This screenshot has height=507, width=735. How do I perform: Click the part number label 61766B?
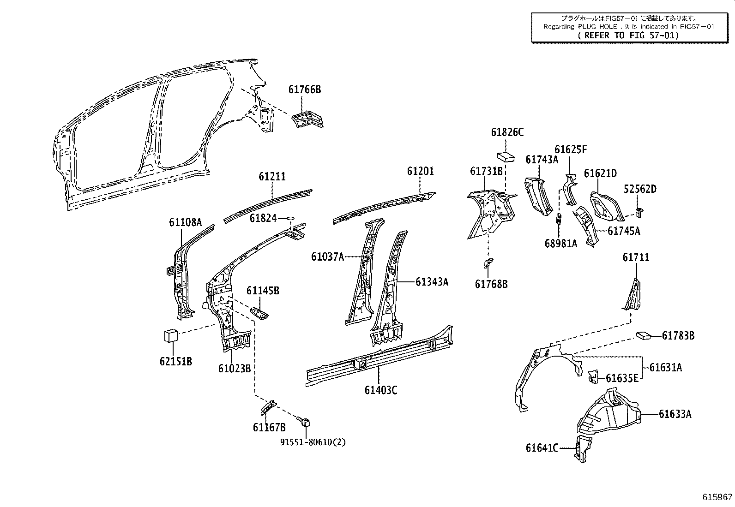click(x=304, y=89)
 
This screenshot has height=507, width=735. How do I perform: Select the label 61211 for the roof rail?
click(x=272, y=177)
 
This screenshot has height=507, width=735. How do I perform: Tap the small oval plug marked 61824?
click(x=290, y=217)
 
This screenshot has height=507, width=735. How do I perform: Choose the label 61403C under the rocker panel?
click(x=380, y=390)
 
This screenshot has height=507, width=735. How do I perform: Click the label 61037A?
click(x=327, y=256)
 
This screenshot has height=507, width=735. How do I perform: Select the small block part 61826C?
click(x=506, y=155)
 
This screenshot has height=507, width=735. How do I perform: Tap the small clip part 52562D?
click(x=639, y=212)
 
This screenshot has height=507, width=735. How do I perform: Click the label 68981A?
click(x=561, y=244)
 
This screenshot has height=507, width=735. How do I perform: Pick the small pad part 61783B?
click(x=643, y=335)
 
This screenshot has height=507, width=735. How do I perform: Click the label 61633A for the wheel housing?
click(x=675, y=414)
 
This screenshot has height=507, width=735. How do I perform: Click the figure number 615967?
click(x=717, y=497)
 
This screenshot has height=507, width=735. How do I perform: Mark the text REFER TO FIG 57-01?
click(x=628, y=35)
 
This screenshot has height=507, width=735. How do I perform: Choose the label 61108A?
click(x=185, y=223)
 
